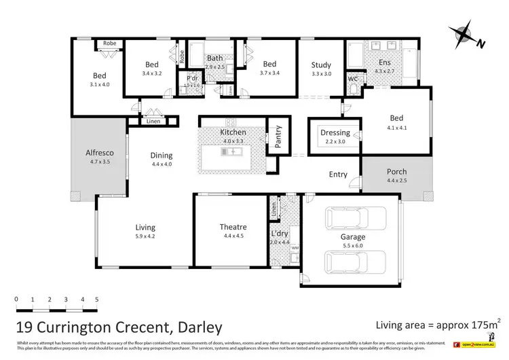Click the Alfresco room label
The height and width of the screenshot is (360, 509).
[x=94, y=153]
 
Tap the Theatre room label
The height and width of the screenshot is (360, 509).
[x=233, y=227]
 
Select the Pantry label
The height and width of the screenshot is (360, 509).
[x=277, y=135]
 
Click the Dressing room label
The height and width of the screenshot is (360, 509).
[x=335, y=132]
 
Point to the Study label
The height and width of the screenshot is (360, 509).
[x=321, y=65]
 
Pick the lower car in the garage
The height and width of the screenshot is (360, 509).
[x=347, y=261]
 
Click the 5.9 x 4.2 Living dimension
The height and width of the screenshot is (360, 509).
[x=145, y=237]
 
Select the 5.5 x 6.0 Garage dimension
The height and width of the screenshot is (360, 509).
[x=352, y=247]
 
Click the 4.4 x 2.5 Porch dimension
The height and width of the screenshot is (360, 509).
[x=397, y=181]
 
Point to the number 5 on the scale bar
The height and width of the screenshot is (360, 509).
[x=97, y=299]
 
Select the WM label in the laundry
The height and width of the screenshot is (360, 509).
[x=295, y=249]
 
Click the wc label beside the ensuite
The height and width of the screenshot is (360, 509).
[x=352, y=79]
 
